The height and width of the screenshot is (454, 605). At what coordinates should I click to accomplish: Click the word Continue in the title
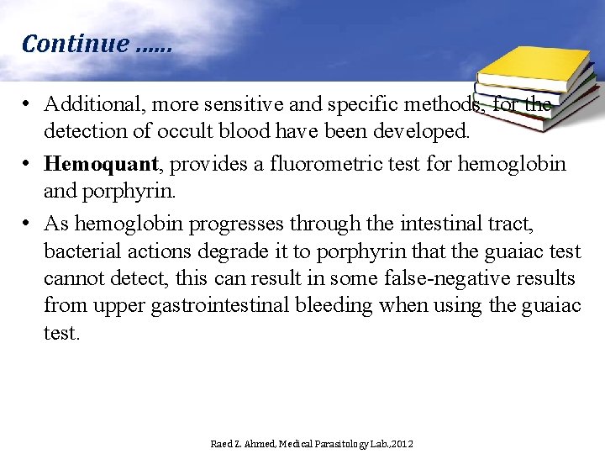pos(74,44)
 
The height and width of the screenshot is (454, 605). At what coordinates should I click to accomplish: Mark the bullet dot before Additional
pos(27,104)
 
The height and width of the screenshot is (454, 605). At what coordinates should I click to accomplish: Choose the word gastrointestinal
pos(220,305)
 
